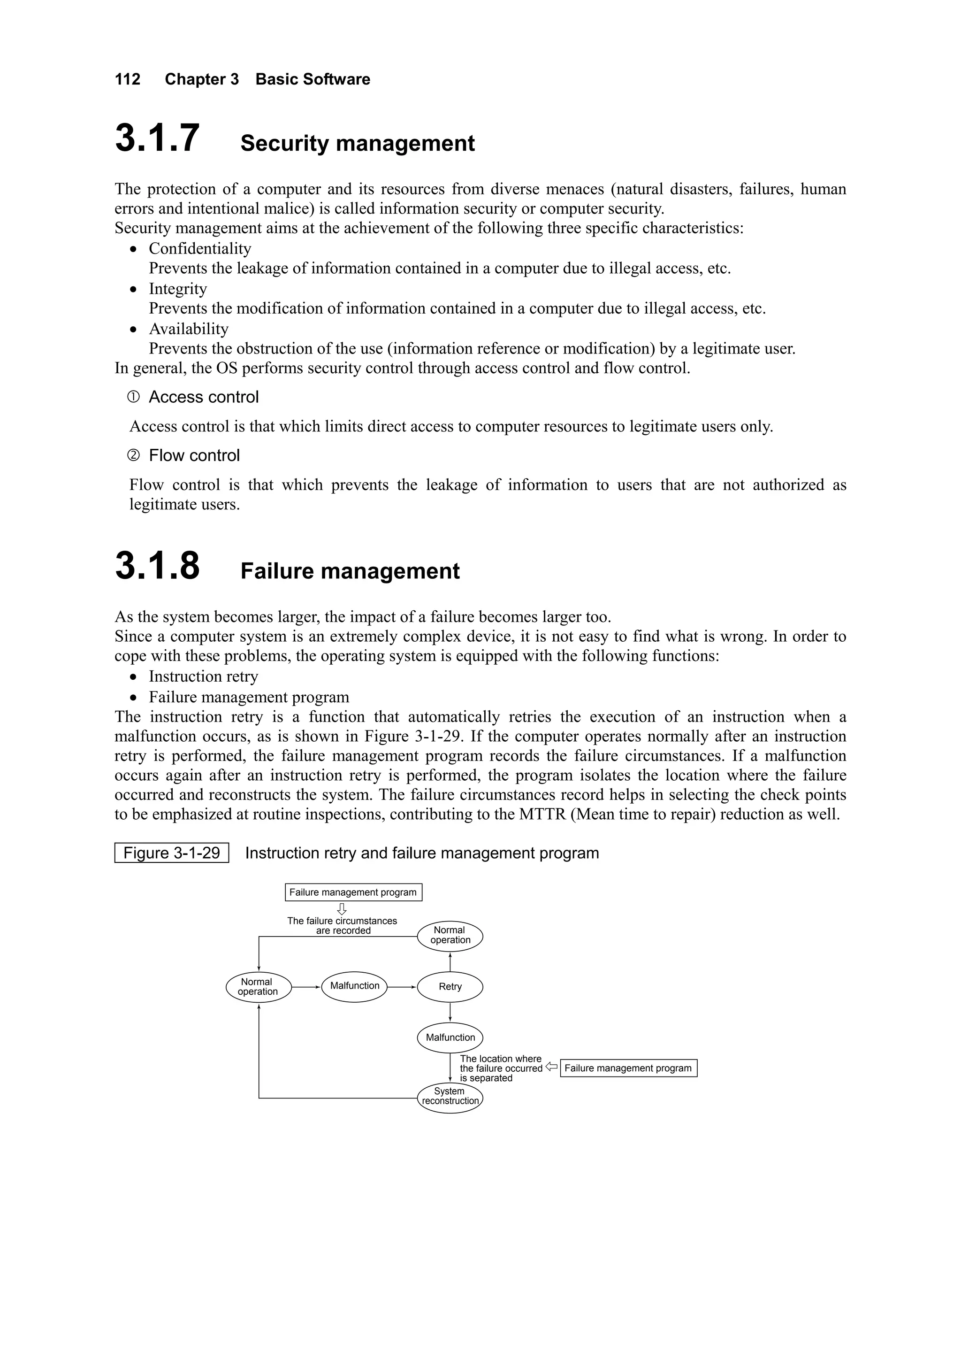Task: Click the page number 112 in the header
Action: (x=127, y=79)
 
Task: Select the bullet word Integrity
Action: (x=178, y=289)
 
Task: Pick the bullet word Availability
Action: (x=188, y=330)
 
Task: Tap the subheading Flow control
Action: (x=194, y=455)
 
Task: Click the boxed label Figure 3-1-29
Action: (x=172, y=853)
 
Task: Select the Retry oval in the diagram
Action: (x=450, y=987)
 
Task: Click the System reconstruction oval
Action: (x=450, y=1097)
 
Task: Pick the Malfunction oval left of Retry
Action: (x=354, y=986)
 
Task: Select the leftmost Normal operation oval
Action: (x=259, y=987)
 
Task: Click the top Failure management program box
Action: (x=353, y=892)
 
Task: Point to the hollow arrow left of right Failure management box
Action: (x=551, y=1067)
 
